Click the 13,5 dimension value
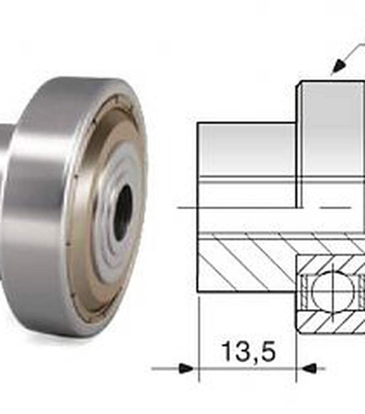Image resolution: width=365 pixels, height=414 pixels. tap(249, 352)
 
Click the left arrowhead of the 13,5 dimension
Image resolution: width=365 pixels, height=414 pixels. tap(187, 368)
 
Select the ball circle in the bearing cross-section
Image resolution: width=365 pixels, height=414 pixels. tap(333, 291)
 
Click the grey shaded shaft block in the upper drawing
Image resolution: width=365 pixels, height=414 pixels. tap(246, 149)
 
